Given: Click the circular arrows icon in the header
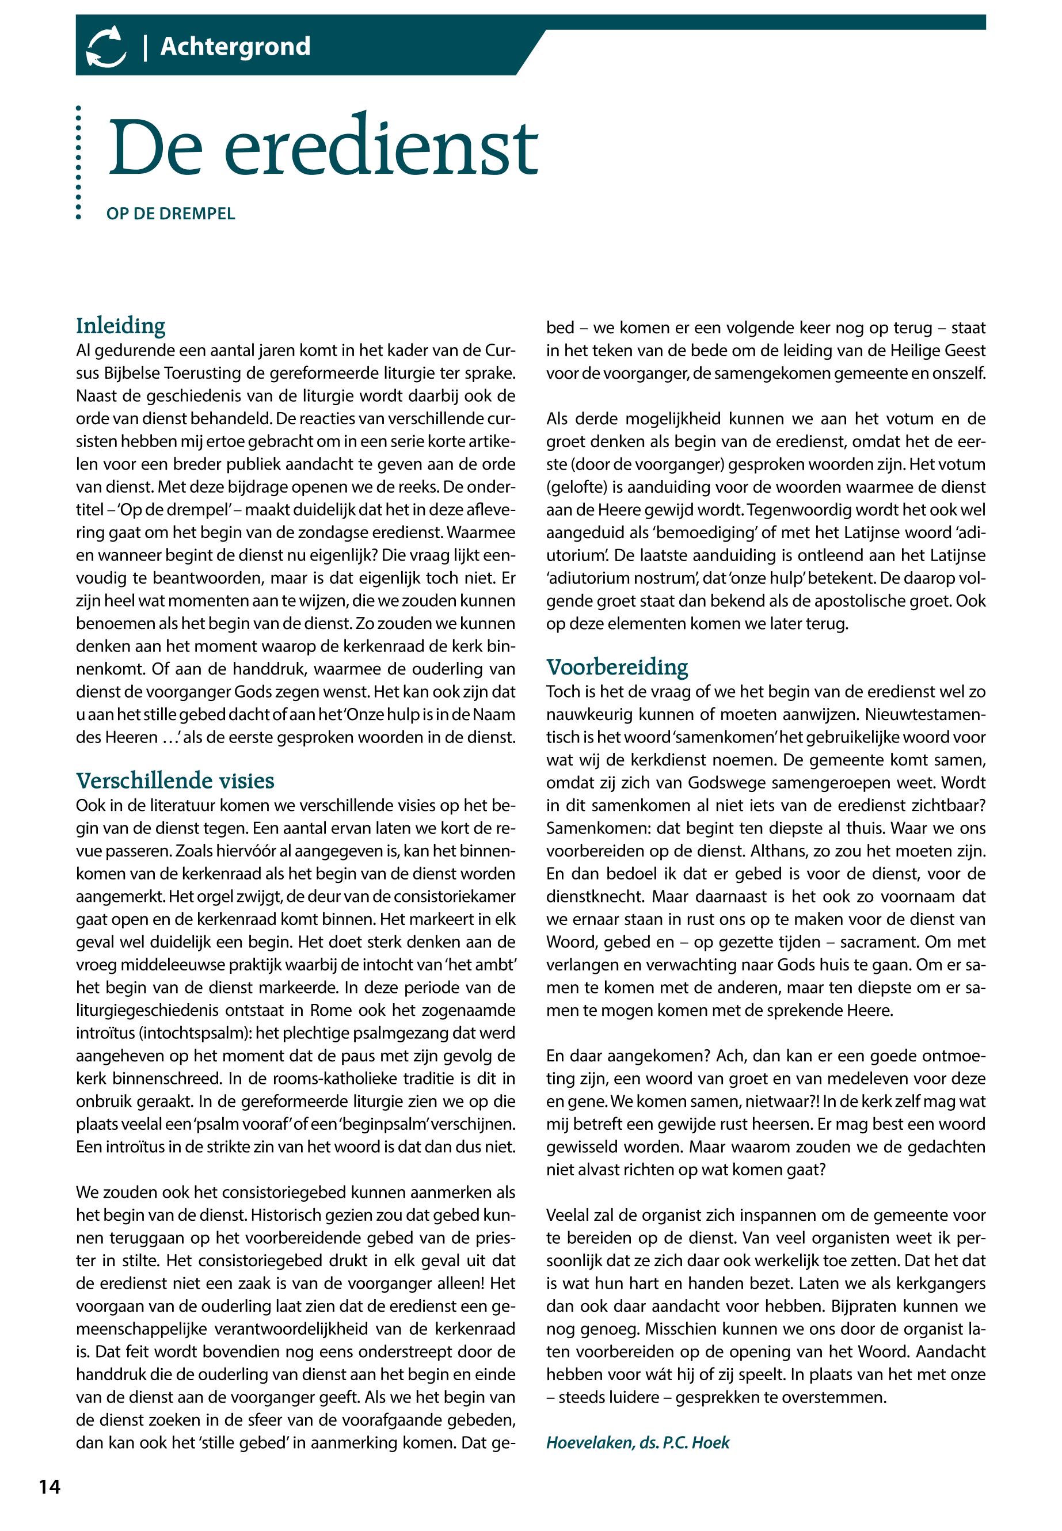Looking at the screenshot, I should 106,47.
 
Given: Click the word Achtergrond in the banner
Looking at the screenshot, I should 235,47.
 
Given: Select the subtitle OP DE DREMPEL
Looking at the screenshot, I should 171,214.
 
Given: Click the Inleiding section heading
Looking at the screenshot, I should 120,325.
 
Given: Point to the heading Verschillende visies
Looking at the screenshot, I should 175,780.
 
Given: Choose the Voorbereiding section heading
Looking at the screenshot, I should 617,667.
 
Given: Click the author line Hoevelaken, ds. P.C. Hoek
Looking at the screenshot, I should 637,1442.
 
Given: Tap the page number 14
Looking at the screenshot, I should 50,1487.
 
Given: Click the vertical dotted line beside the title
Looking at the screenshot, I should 78,162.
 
